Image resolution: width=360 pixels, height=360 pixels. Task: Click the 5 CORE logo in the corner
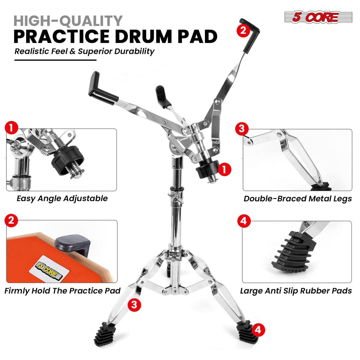(x=318, y=17)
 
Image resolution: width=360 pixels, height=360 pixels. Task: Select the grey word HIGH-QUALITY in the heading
(x=68, y=21)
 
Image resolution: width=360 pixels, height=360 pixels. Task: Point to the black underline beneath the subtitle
(x=55, y=60)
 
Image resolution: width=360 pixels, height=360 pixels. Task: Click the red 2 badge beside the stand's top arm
(x=243, y=30)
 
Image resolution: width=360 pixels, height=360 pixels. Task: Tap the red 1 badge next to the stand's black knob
(x=224, y=169)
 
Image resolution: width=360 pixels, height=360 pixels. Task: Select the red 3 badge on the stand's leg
(x=134, y=305)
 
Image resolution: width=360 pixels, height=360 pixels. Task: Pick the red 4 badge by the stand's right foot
(x=258, y=329)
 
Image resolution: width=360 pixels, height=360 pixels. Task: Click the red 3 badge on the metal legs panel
(x=242, y=129)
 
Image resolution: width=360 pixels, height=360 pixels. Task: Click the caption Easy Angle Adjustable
(x=62, y=198)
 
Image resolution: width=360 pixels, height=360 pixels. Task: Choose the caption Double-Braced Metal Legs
(x=297, y=199)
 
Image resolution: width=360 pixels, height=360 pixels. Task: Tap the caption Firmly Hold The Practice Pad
(x=62, y=291)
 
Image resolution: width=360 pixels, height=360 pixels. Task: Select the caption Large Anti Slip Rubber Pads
(x=296, y=291)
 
